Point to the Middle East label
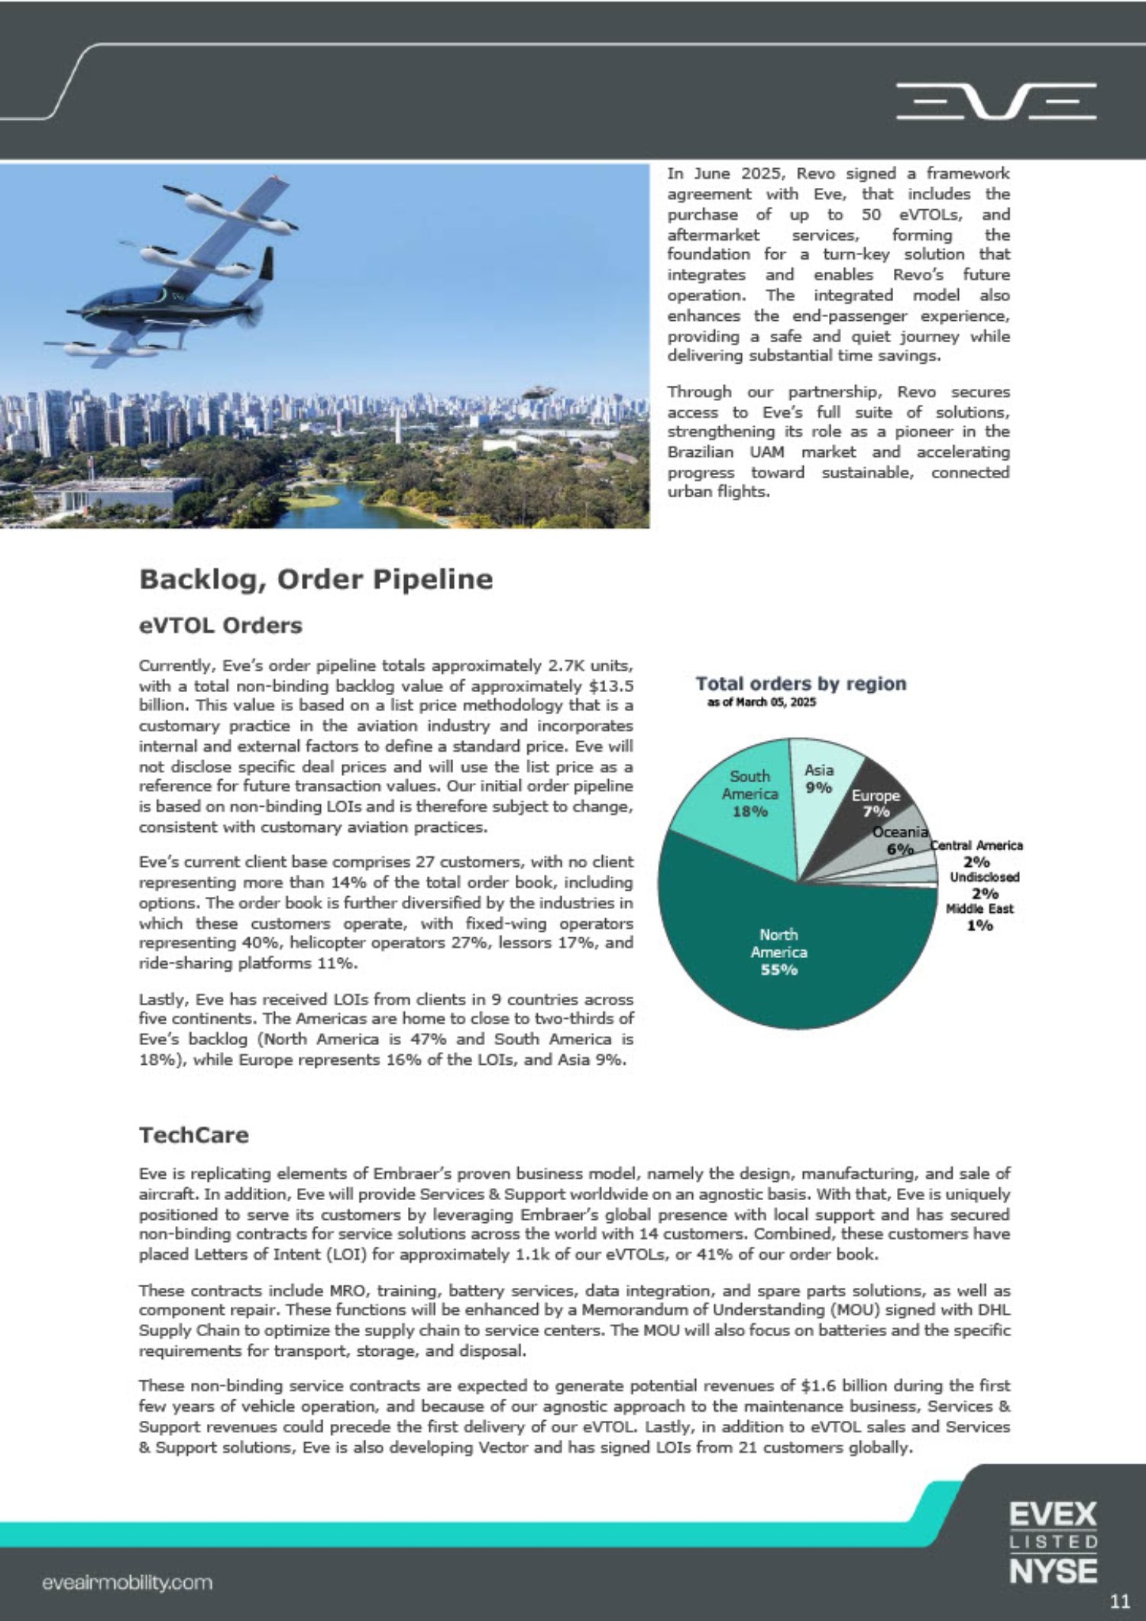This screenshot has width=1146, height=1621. [979, 909]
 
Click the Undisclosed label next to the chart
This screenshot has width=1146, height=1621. [984, 877]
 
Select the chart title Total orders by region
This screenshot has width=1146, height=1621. [801, 684]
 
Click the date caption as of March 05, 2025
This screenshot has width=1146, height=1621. [761, 703]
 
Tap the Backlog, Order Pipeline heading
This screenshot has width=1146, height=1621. [316, 579]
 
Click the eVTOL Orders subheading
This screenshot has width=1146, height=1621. [220, 626]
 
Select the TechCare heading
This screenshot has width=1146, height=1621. [193, 1135]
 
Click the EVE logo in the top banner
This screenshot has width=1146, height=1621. [995, 102]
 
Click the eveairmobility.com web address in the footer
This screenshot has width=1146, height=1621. [128, 1582]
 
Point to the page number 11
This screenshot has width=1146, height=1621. [1119, 1601]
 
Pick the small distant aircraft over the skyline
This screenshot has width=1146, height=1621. [539, 391]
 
